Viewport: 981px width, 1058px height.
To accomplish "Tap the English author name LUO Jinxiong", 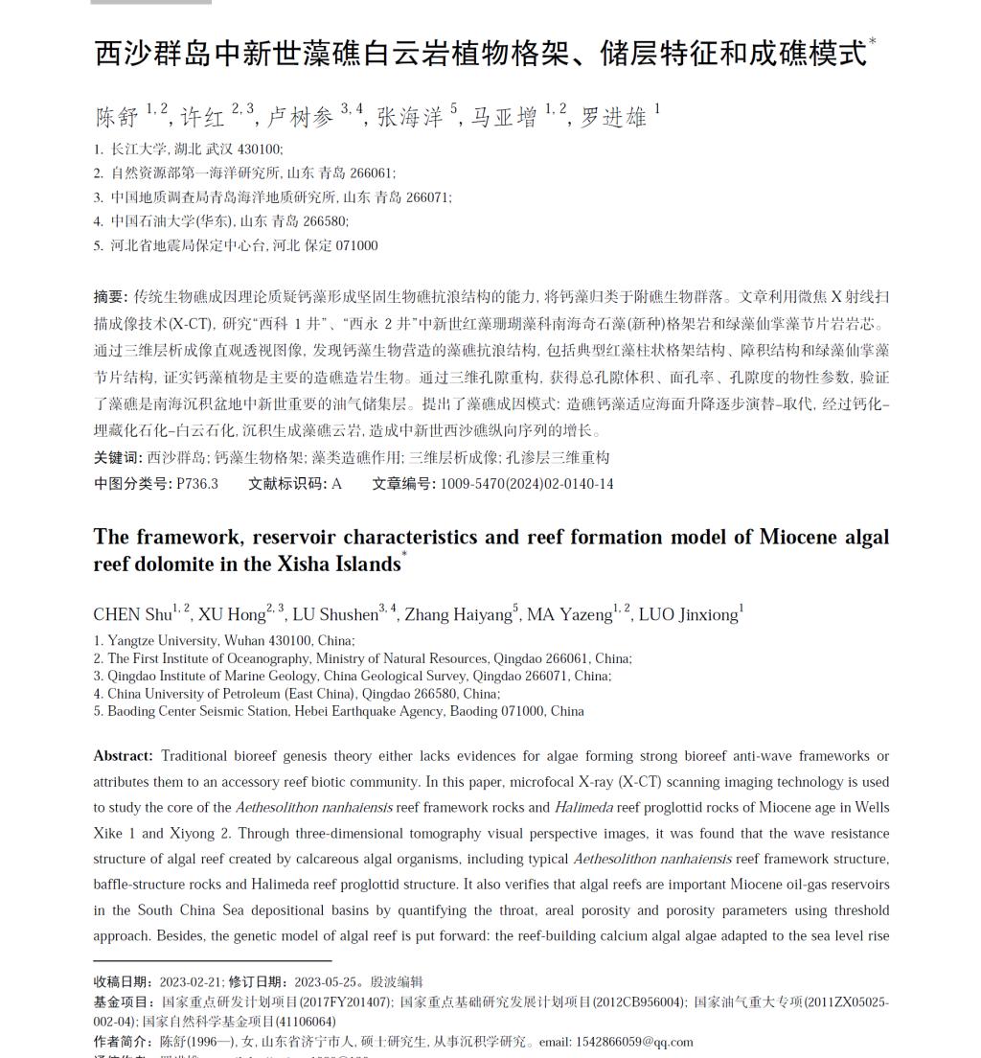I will coord(688,614).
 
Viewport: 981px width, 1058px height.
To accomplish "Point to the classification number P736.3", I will coord(197,484).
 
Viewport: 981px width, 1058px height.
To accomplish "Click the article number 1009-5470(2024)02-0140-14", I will coord(527,484).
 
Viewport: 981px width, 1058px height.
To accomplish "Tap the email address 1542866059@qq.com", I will coord(634,1042).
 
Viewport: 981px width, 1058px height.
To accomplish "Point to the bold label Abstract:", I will coord(123,756).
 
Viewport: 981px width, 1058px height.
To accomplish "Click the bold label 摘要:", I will coord(110,297).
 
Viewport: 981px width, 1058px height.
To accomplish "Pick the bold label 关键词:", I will coord(118,458).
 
